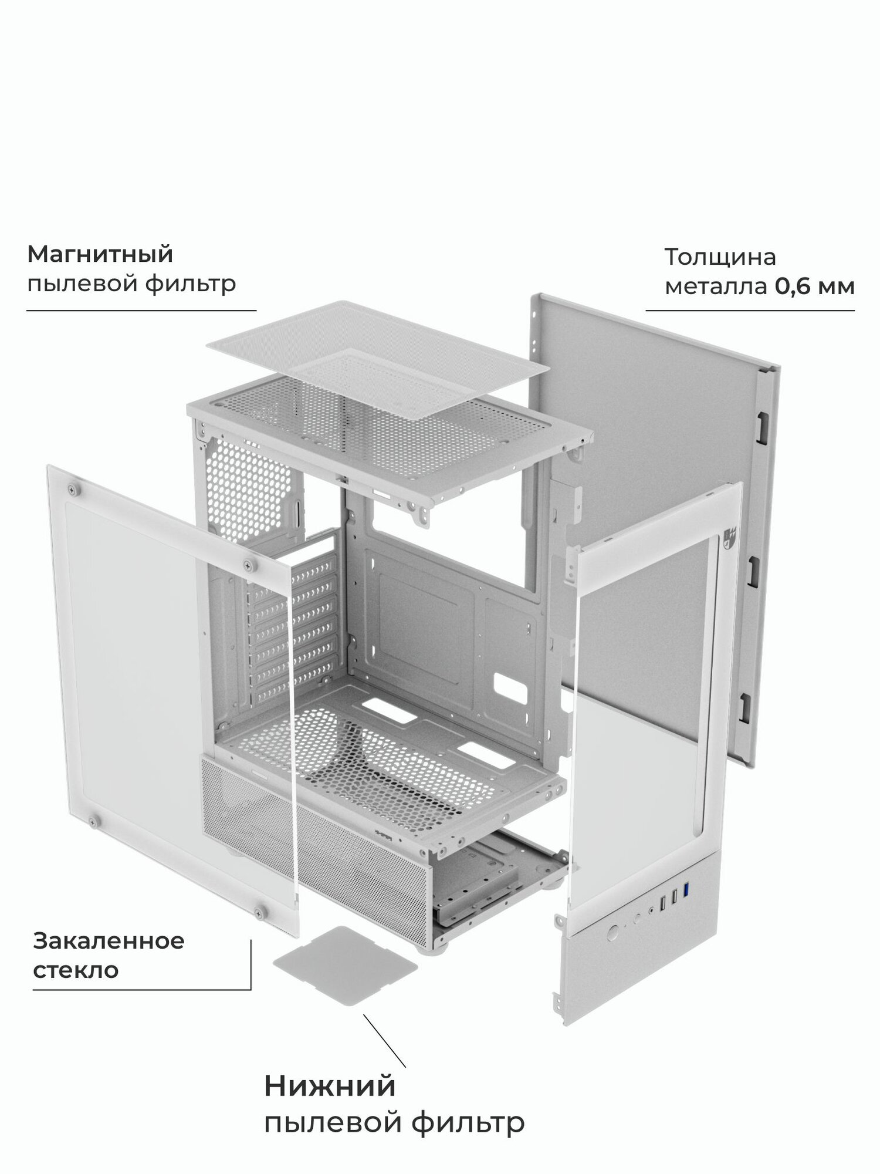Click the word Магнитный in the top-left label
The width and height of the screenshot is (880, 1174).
coord(100,255)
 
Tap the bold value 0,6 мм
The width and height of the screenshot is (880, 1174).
coord(815,286)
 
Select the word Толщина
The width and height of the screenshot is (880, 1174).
coord(720,257)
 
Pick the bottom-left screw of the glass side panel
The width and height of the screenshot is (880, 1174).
coord(92,820)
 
